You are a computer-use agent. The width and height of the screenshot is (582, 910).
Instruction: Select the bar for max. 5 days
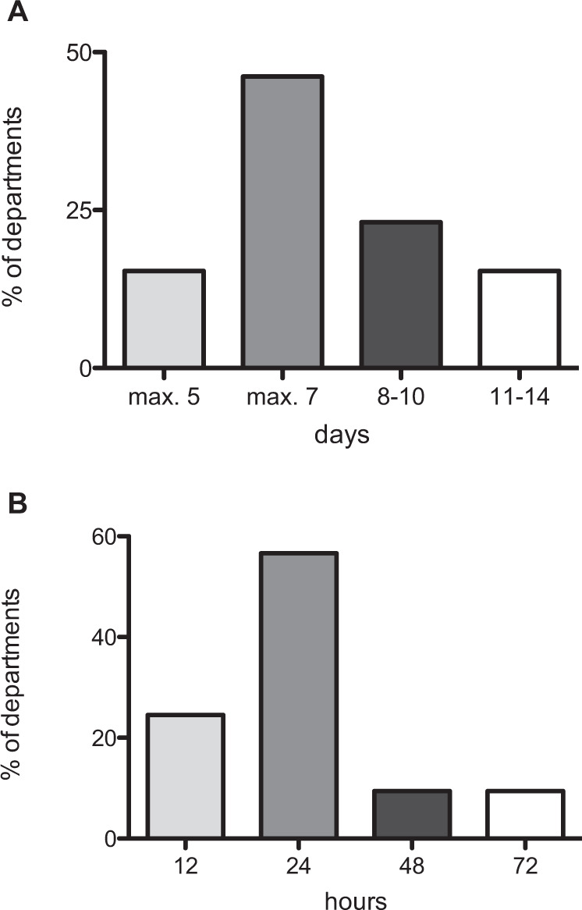(164, 318)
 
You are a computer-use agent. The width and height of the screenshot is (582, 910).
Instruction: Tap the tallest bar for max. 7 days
(282, 222)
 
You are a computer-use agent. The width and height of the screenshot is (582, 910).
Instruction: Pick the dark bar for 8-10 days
(401, 294)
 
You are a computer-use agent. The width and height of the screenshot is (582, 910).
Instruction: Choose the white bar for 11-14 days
(520, 318)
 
